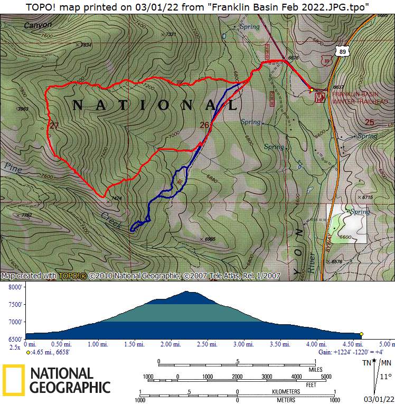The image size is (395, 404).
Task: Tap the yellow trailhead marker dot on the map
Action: click(x=312, y=90)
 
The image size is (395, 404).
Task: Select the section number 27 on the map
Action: click(x=54, y=126)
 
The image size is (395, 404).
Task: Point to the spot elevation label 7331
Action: click(x=170, y=34)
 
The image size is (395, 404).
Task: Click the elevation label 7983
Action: click(x=23, y=109)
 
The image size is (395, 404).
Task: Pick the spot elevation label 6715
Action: click(x=368, y=197)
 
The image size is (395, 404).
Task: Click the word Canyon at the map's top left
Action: click(x=38, y=25)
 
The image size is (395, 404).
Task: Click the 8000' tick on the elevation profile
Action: click(x=15, y=287)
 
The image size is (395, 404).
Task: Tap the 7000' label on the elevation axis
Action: click(x=15, y=322)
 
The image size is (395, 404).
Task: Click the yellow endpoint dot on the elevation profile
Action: click(x=361, y=334)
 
